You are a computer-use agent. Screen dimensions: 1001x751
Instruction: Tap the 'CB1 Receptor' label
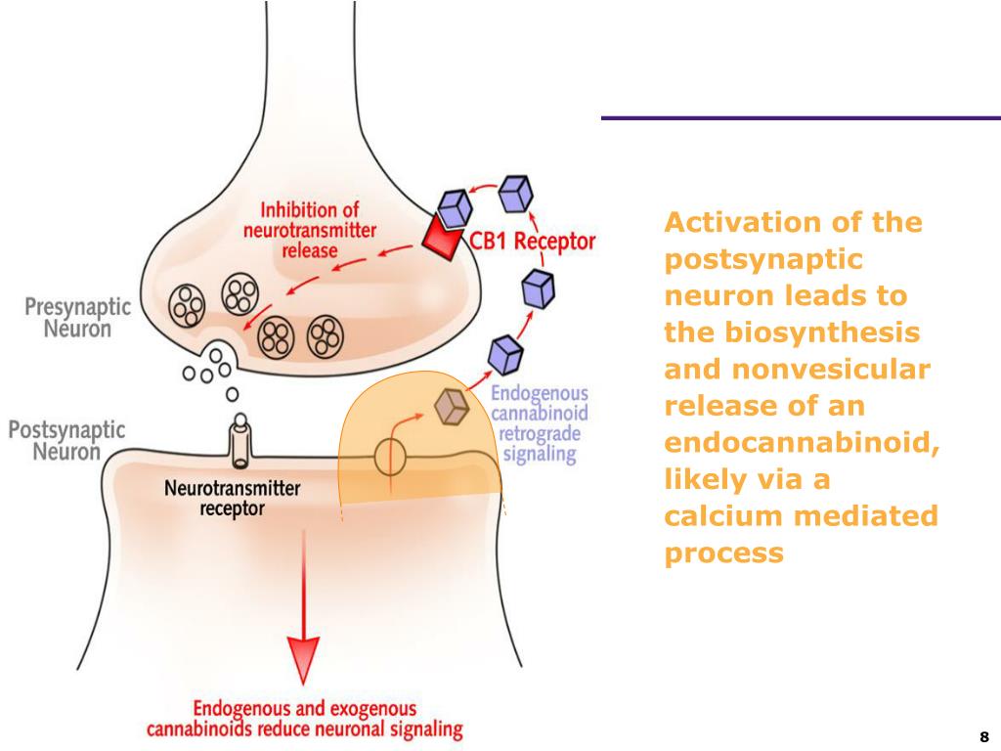pyautogui.click(x=533, y=242)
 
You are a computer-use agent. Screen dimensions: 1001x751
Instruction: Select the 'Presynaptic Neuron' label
pyautogui.click(x=77, y=318)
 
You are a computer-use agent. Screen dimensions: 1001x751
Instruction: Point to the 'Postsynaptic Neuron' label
pyautogui.click(x=66, y=441)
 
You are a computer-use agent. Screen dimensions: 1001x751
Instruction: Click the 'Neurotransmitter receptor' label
pyautogui.click(x=233, y=499)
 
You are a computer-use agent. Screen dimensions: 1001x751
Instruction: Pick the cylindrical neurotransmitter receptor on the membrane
pyautogui.click(x=241, y=441)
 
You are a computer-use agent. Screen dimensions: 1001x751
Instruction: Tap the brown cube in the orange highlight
pyautogui.click(x=452, y=407)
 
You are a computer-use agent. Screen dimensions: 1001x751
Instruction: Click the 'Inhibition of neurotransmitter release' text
pyautogui.click(x=310, y=230)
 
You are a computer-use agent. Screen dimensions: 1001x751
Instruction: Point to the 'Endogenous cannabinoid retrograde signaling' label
pyautogui.click(x=540, y=423)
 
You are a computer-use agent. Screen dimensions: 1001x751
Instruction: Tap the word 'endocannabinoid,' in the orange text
pyautogui.click(x=802, y=443)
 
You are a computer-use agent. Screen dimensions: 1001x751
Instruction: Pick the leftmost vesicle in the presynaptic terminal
pyautogui.click(x=187, y=305)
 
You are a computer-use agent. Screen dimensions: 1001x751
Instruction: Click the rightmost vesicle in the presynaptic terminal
pyautogui.click(x=326, y=337)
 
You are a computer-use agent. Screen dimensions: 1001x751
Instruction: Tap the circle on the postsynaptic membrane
pyautogui.click(x=390, y=458)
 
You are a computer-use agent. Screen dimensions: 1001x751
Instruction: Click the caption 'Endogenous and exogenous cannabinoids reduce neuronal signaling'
pyautogui.click(x=305, y=719)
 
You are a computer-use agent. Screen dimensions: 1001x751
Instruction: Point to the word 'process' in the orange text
pyautogui.click(x=724, y=553)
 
